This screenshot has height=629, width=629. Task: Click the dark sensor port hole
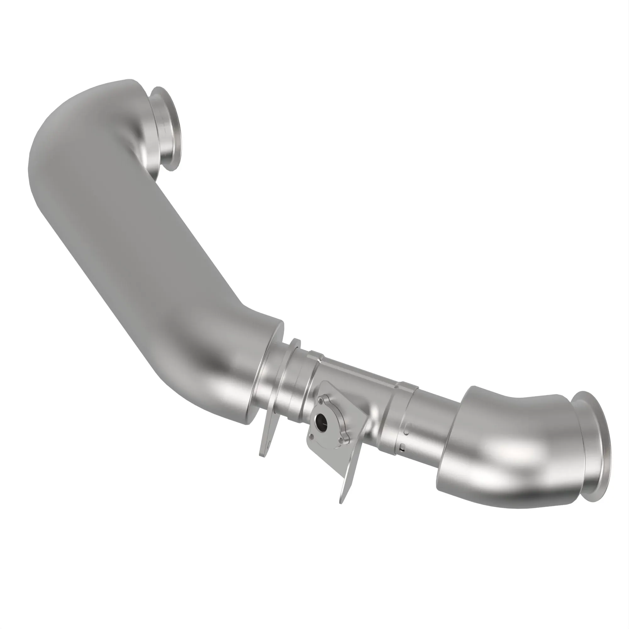coord(322,422)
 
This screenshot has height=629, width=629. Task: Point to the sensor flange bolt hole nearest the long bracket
coord(341,440)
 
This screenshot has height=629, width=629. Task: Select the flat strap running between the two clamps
coord(361,371)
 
